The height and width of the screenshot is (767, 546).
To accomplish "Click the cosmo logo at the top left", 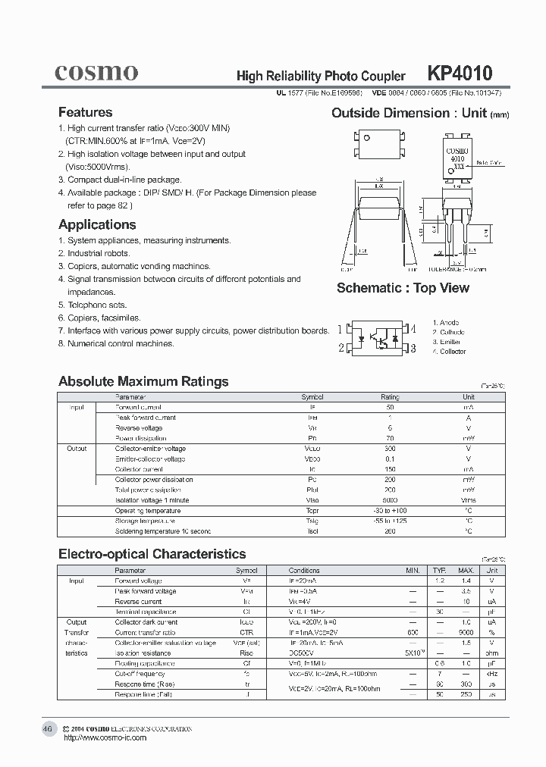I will [96, 72].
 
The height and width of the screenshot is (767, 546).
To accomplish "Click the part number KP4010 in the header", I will [460, 73].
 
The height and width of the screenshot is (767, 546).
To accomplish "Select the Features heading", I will [85, 112].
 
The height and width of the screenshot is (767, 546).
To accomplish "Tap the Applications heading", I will [97, 224].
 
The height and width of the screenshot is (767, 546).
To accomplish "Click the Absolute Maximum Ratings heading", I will [143, 381].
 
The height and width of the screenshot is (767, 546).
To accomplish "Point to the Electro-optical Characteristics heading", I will [152, 554].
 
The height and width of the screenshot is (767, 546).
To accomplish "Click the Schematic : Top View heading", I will [403, 288].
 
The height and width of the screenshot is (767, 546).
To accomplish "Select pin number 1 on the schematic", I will [340, 329].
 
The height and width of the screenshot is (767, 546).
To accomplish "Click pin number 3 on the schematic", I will [413, 348].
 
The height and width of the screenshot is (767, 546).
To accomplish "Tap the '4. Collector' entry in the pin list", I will [449, 352].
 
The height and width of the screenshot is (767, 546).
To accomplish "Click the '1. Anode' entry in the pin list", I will [445, 323].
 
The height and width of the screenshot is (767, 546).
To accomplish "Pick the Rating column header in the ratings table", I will [390, 397].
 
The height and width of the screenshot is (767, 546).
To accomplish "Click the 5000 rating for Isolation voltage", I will [390, 500].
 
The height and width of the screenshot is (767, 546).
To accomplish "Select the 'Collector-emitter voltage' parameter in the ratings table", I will [149, 449].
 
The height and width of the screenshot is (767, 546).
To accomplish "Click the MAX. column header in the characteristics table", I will [465, 570].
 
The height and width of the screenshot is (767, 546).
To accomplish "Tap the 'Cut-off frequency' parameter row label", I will [140, 674].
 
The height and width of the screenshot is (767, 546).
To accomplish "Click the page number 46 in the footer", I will [47, 729].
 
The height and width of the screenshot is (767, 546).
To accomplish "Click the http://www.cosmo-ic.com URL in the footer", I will [105, 738].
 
